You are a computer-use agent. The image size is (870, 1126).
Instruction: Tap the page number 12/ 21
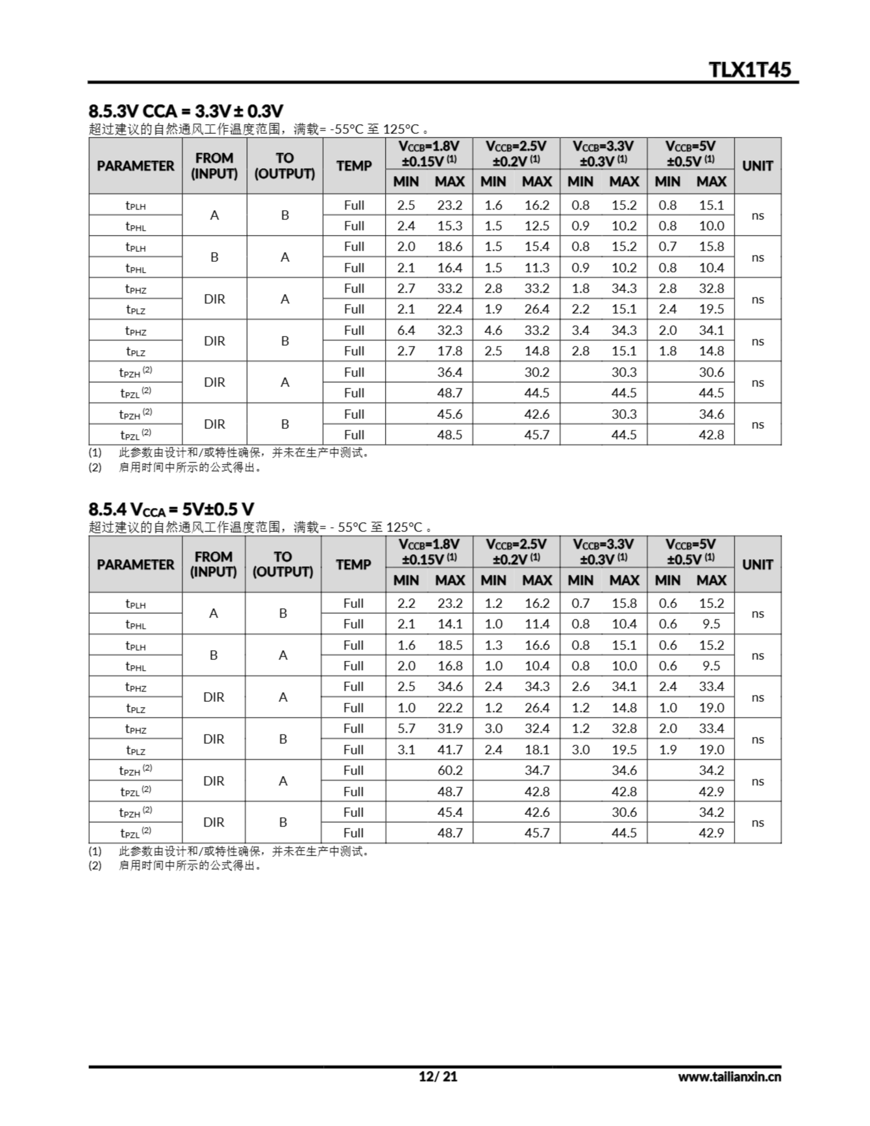click(x=438, y=1076)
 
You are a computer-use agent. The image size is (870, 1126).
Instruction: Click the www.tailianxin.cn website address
click(x=729, y=1076)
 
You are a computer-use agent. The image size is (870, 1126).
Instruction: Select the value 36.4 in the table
click(x=450, y=372)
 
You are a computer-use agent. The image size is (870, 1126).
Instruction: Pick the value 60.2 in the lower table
click(x=450, y=770)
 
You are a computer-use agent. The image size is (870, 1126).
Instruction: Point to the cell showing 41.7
click(x=450, y=749)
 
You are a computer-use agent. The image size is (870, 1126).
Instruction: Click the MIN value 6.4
click(x=406, y=330)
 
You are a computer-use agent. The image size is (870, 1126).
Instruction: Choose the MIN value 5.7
click(x=406, y=728)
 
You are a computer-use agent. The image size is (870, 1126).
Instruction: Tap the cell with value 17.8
click(x=450, y=351)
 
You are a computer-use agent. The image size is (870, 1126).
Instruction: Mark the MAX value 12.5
click(x=537, y=226)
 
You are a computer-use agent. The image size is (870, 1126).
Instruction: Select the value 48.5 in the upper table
click(x=450, y=435)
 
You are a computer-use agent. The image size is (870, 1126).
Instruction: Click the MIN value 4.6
click(x=493, y=330)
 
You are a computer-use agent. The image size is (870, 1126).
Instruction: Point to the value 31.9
click(x=450, y=728)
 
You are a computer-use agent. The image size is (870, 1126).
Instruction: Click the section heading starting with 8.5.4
click(x=171, y=509)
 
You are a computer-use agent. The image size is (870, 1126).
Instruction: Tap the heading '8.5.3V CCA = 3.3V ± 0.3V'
click(x=186, y=110)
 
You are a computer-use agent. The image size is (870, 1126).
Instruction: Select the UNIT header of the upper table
click(x=757, y=166)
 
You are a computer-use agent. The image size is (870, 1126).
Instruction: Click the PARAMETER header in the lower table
click(x=135, y=565)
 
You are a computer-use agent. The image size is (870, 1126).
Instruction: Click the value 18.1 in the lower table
click(x=537, y=749)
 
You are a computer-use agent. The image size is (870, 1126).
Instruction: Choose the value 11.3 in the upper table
click(x=537, y=267)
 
